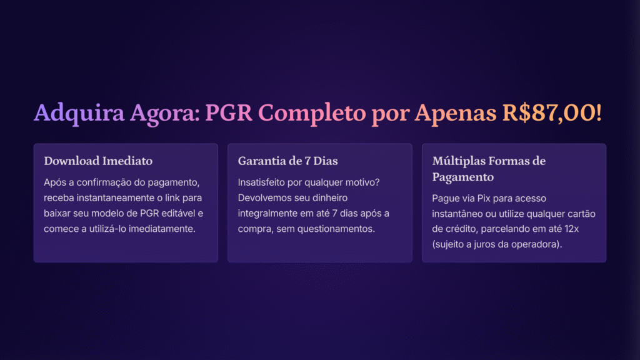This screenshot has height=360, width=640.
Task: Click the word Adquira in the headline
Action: pyautogui.click(x=79, y=113)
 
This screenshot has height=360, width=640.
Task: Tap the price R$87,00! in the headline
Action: pyautogui.click(x=552, y=113)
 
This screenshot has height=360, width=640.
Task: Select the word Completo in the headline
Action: pyautogui.click(x=312, y=113)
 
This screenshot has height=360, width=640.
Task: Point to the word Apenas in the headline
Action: pyautogui.click(x=456, y=113)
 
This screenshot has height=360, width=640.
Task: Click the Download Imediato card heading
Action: pyautogui.click(x=98, y=161)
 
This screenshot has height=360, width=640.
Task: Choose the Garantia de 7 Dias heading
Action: pyautogui.click(x=287, y=161)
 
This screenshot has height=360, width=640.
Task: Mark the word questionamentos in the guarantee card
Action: pyautogui.click(x=336, y=229)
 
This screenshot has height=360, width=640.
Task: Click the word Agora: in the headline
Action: pyautogui.click(x=165, y=113)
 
